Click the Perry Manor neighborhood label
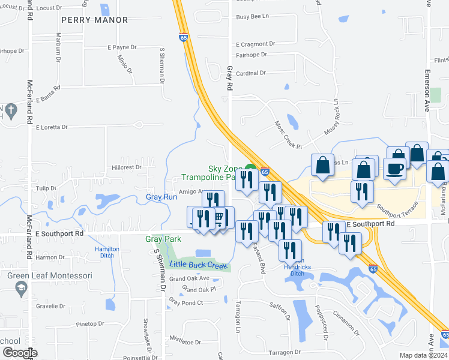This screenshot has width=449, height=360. click(x=94, y=20)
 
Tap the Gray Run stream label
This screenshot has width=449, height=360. click(x=161, y=197)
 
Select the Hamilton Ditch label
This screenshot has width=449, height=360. click(x=107, y=252)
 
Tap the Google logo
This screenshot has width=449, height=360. click(x=19, y=353)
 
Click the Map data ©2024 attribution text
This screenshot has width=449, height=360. click(x=424, y=355)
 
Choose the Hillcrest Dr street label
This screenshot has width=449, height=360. click(x=126, y=167)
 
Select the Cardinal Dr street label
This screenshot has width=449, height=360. click(x=251, y=73)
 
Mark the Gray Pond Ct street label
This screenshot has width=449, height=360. click(x=187, y=302)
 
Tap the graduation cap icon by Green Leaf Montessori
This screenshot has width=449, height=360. click(x=22, y=289)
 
